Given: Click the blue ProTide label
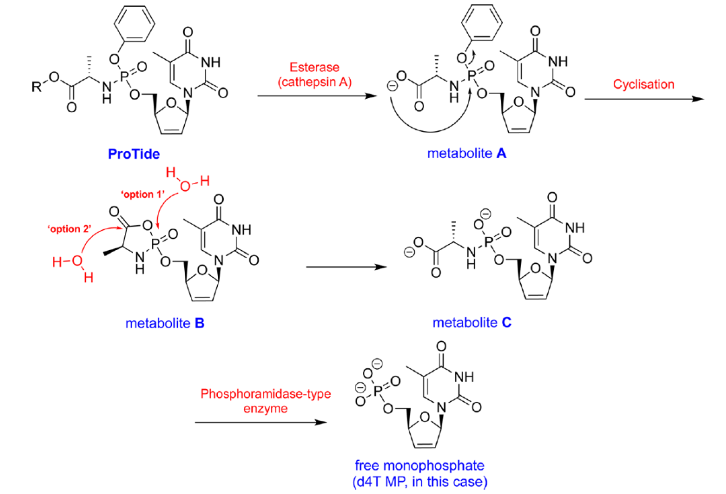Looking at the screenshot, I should [x=134, y=155].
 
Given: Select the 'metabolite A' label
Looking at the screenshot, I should [x=467, y=154].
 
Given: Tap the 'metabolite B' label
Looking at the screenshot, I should [x=165, y=323].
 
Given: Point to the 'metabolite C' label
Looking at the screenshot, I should [x=472, y=323].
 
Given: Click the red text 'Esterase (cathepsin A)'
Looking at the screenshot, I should [x=315, y=75].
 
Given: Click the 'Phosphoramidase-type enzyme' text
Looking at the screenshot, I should [x=266, y=402].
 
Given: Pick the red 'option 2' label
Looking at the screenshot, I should [x=67, y=229].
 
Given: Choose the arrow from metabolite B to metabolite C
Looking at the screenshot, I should [x=346, y=267].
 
